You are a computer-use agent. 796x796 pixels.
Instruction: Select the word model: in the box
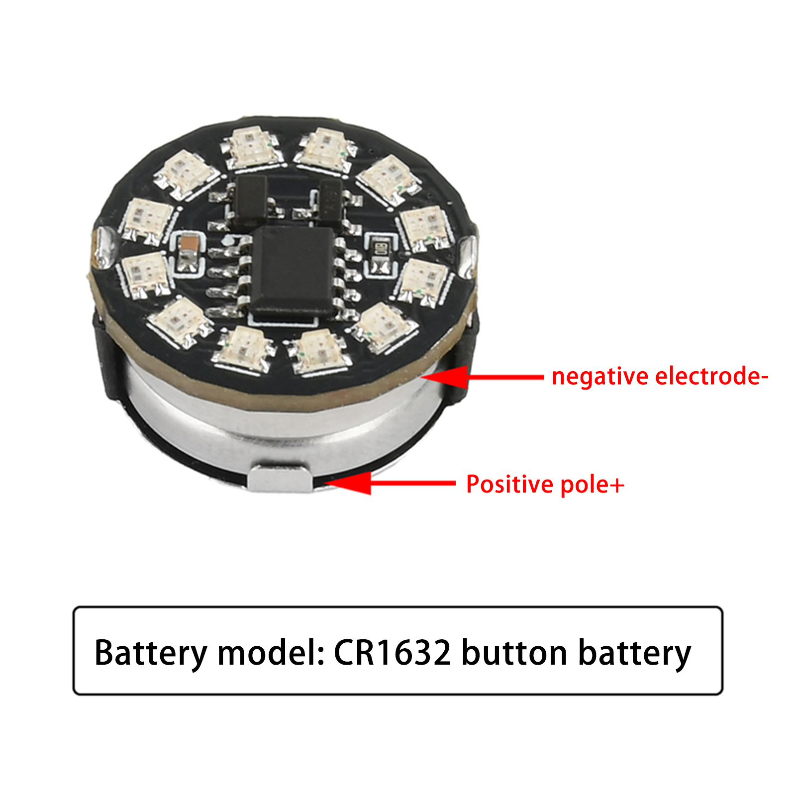click(x=272, y=652)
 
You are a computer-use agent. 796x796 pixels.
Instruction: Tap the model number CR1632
click(x=393, y=652)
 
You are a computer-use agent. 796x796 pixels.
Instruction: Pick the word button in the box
click(x=514, y=652)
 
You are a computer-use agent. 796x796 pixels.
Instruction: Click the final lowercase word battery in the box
click(x=634, y=653)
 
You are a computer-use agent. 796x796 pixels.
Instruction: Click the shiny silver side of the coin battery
click(x=279, y=423)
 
